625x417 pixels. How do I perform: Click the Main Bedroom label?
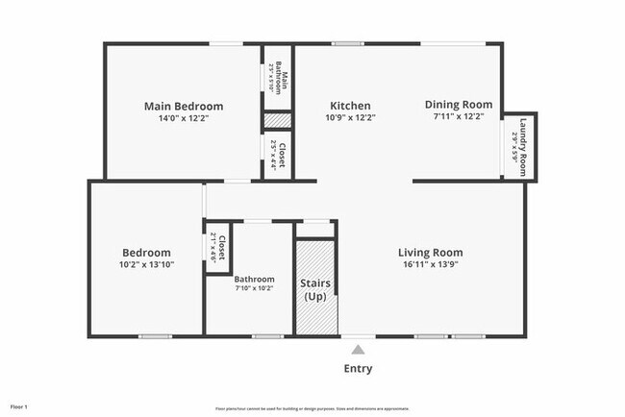184,106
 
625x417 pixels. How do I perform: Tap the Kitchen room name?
350,106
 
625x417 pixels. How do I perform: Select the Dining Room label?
459,105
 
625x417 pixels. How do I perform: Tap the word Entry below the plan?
358,369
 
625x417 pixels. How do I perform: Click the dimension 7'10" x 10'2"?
255,288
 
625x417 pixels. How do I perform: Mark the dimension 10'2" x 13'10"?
145,264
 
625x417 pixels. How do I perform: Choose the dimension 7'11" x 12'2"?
459,116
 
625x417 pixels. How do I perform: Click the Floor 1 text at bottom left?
19,407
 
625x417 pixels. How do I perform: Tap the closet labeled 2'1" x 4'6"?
218,248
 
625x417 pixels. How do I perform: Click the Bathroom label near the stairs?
255,280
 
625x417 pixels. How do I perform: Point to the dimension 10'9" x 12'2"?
350,117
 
